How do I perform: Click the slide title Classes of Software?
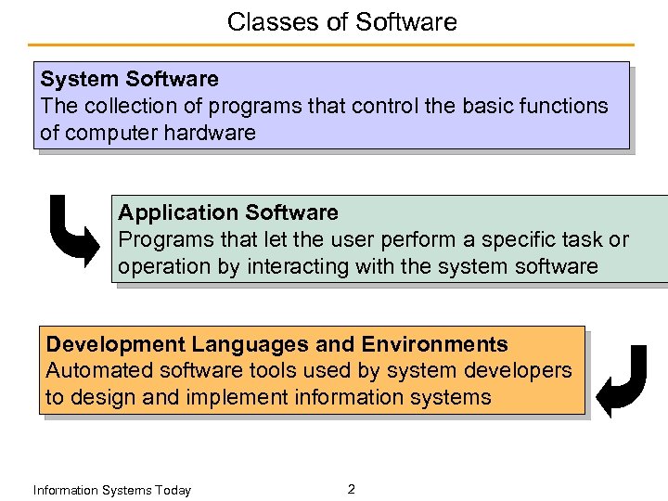click(x=341, y=21)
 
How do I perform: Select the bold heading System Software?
click(x=129, y=80)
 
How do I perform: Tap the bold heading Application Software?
click(x=228, y=213)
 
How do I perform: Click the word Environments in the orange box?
click(x=434, y=345)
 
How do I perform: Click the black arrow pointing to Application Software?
click(x=74, y=231)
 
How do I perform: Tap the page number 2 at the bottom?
click(x=351, y=489)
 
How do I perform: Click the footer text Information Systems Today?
click(x=111, y=490)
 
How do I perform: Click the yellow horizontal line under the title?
click(x=331, y=45)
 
